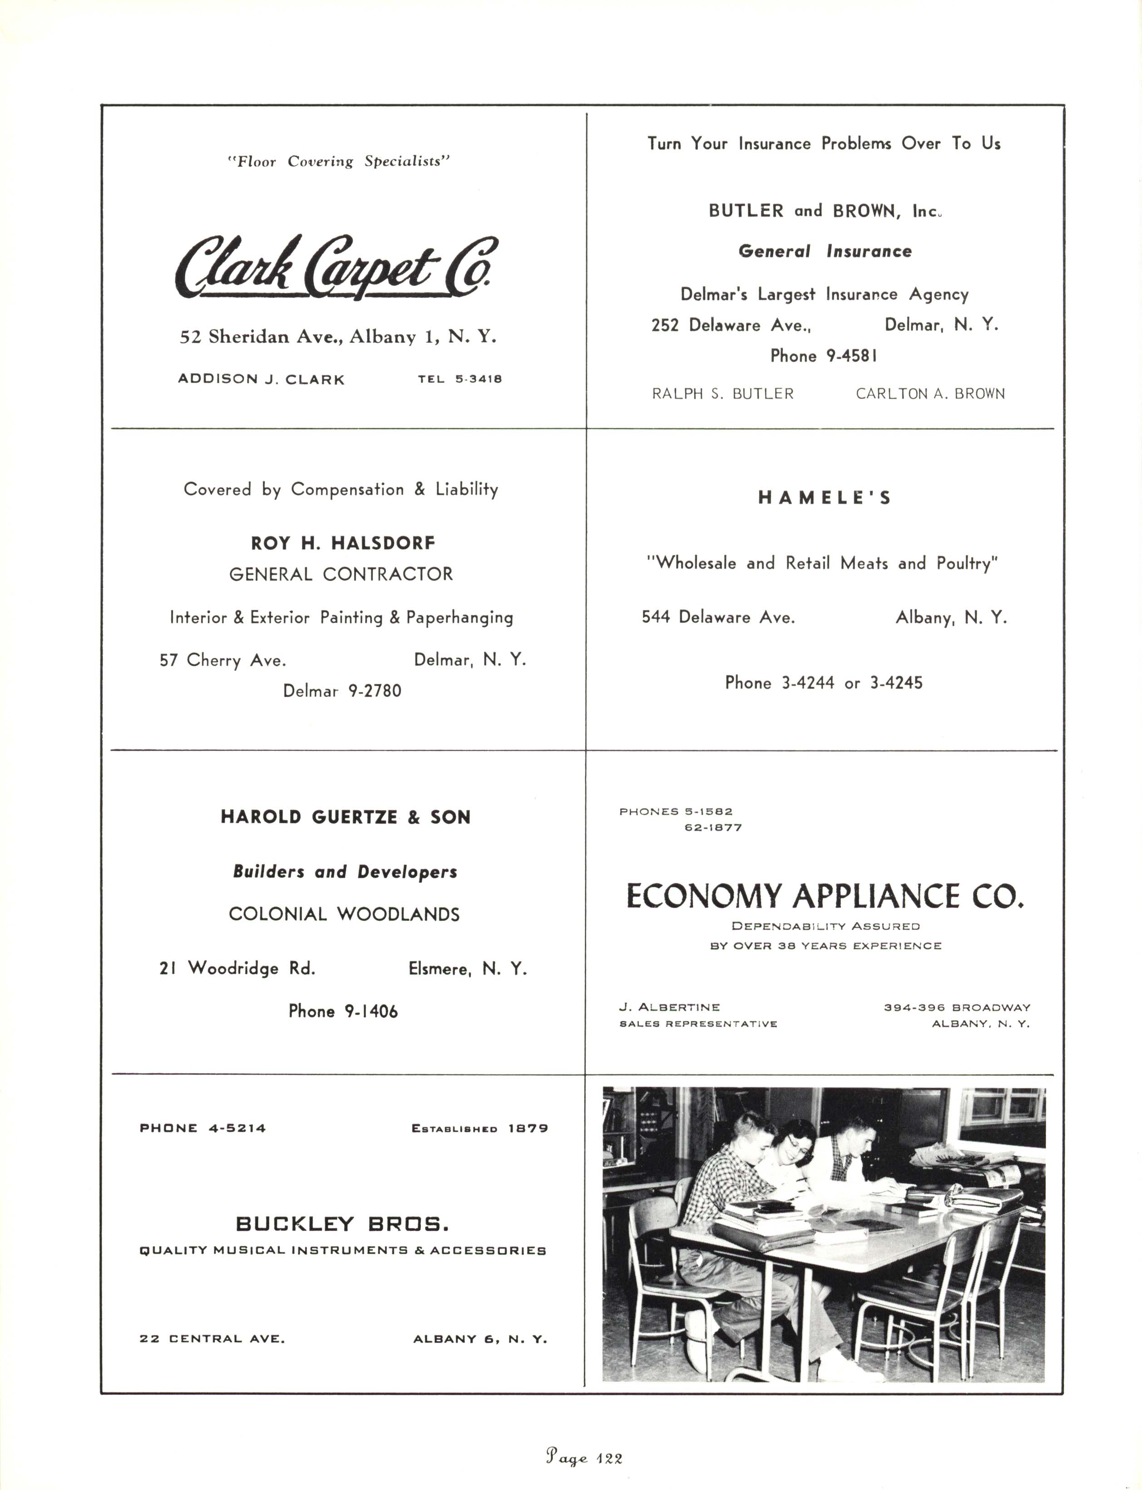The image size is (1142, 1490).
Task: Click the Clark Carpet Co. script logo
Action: pos(336,267)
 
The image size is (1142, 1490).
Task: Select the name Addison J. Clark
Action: pos(261,379)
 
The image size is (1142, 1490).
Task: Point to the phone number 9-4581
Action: pos(823,356)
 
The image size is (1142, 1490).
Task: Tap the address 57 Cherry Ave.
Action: pos(222,660)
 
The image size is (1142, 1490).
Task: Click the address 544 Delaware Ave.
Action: pos(718,617)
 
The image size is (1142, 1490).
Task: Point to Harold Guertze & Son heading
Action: pos(345,817)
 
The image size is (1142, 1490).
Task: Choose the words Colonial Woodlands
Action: pos(344,914)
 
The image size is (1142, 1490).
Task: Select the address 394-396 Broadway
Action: pos(956,1007)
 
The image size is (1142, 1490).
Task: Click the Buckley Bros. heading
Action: pos(342,1224)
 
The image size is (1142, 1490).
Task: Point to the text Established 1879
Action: pos(479,1129)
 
